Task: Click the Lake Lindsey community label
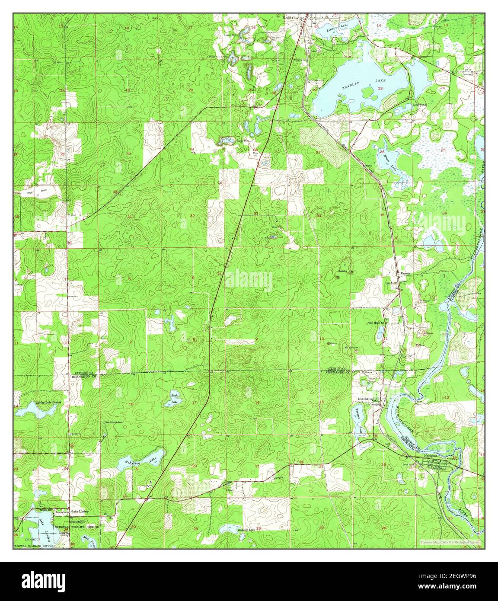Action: (x=80, y=511)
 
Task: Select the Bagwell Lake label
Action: (x=246, y=529)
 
